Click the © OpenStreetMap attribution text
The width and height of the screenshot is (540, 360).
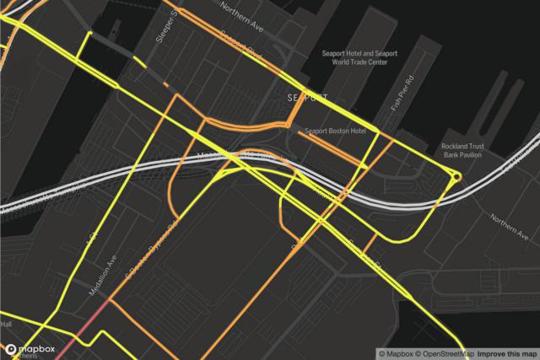tap(436, 352)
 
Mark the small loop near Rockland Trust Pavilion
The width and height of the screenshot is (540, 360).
tap(456, 176)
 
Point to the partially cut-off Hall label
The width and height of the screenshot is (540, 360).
tap(6, 324)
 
